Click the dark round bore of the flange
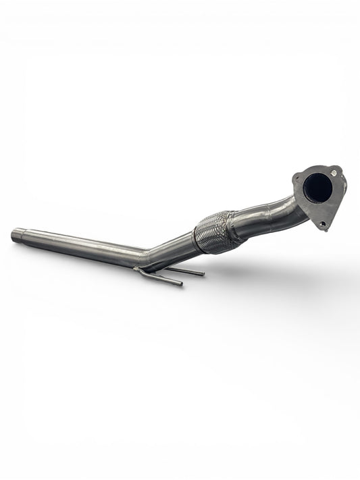317,188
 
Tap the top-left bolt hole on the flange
297,178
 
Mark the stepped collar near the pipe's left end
26,237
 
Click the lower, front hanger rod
161,277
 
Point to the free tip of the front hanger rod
180,284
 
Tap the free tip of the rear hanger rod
202,274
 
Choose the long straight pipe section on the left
81,246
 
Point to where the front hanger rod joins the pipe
138,270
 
